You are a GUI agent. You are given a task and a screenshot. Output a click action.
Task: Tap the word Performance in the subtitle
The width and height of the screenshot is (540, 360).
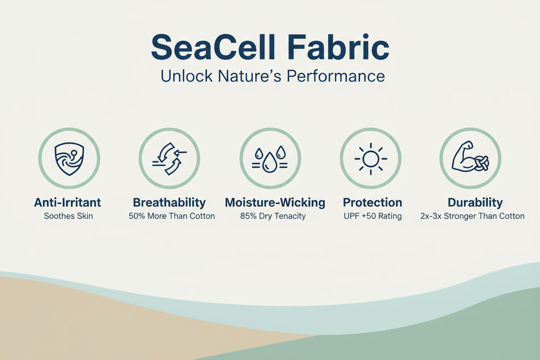click(x=335, y=76)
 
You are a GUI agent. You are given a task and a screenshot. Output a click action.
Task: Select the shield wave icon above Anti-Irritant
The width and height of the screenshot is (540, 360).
click(x=69, y=158)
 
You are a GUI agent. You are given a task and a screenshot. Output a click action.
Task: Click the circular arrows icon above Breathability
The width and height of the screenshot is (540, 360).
click(x=169, y=158)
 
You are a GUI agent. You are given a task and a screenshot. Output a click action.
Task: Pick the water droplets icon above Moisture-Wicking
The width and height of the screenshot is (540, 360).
click(x=270, y=158)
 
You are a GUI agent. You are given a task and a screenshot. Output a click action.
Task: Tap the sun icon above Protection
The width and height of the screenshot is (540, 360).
click(x=371, y=158)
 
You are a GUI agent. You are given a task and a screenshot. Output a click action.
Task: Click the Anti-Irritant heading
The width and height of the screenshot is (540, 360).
click(x=67, y=202)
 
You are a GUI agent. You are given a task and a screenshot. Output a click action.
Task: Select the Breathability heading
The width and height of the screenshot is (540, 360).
click(x=169, y=202)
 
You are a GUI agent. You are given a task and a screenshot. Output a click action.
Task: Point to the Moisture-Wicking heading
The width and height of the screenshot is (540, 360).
click(x=275, y=202)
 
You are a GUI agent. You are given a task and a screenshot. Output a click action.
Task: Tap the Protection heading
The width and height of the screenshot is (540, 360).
click(x=372, y=202)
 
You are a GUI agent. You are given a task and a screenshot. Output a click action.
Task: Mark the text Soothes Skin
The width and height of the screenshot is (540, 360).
click(x=68, y=216)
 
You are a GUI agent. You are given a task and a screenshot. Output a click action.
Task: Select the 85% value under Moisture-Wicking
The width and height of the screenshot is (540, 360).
click(x=248, y=216)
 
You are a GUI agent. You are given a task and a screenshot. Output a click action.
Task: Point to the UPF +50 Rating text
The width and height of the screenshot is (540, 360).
click(x=372, y=216)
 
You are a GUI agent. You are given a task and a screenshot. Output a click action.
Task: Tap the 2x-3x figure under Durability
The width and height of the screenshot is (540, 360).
click(x=431, y=216)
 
